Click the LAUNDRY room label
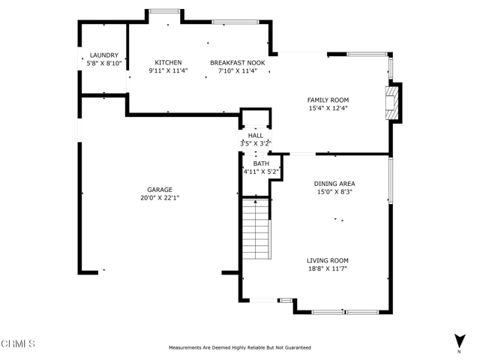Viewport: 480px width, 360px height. pyautogui.click(x=104, y=55)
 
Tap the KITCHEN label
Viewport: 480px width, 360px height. pyautogui.click(x=168, y=63)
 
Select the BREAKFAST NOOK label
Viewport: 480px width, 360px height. pyautogui.click(x=238, y=63)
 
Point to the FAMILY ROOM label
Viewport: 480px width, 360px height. pyautogui.click(x=328, y=100)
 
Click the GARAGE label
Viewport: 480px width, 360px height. pyautogui.click(x=160, y=190)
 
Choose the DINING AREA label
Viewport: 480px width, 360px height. pyautogui.click(x=334, y=184)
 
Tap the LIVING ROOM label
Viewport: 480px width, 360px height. pyautogui.click(x=328, y=261)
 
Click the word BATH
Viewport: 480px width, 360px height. pyautogui.click(x=261, y=163)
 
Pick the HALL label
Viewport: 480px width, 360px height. pyautogui.click(x=255, y=136)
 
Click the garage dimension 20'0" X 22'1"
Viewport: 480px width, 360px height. pyautogui.click(x=160, y=198)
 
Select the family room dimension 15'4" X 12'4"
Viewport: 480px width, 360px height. pyautogui.click(x=328, y=108)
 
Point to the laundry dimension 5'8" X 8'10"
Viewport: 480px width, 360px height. pyautogui.click(x=104, y=64)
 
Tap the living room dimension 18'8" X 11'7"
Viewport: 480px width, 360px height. pyautogui.click(x=328, y=268)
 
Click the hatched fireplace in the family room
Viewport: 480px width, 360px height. pyautogui.click(x=392, y=103)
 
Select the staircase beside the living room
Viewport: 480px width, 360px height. pyautogui.click(x=256, y=229)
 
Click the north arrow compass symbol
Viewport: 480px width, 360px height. pyautogui.click(x=459, y=342)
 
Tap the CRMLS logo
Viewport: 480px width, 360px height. pyautogui.click(x=18, y=343)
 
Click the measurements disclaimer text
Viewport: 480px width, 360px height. pyautogui.click(x=240, y=348)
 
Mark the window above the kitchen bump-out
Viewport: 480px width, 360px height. pyautogui.click(x=165, y=11)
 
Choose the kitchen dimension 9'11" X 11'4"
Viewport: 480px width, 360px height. pyautogui.click(x=168, y=70)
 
